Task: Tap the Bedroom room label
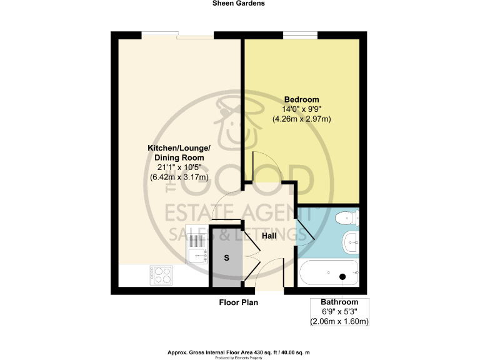pyautogui.click(x=302, y=99)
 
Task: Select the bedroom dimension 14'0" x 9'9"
pyautogui.click(x=302, y=109)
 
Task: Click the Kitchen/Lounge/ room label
pyautogui.click(x=179, y=147)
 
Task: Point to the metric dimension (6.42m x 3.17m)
pyautogui.click(x=179, y=177)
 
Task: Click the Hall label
pyautogui.click(x=269, y=236)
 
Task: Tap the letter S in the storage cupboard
pyautogui.click(x=226, y=257)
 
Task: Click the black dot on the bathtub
pyautogui.click(x=342, y=276)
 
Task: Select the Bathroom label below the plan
pyautogui.click(x=339, y=302)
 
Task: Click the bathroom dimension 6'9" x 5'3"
pyautogui.click(x=339, y=312)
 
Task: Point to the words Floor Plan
pyautogui.click(x=238, y=302)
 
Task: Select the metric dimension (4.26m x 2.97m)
pyautogui.click(x=302, y=119)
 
